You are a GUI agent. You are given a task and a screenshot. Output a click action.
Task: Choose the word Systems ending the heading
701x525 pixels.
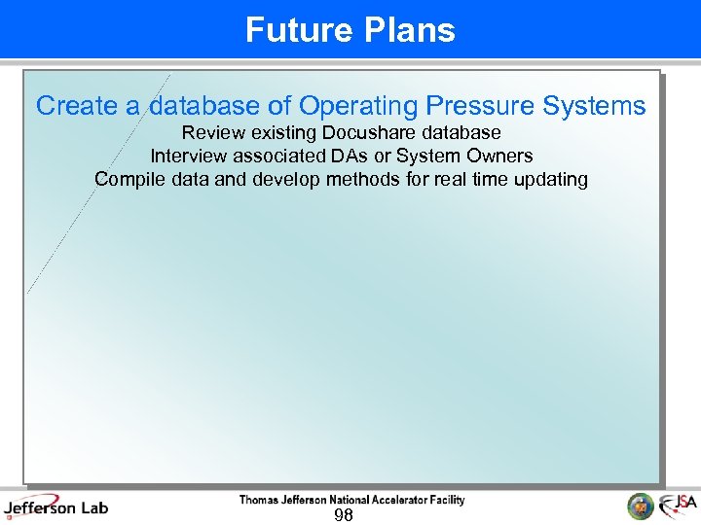596,106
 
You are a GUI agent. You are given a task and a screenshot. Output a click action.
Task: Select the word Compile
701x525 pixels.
128,179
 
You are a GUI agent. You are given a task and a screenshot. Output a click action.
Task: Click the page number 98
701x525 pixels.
343,515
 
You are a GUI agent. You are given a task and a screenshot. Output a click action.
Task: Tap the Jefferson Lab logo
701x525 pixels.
56,507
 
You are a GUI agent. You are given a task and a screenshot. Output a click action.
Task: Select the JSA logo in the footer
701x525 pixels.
678,506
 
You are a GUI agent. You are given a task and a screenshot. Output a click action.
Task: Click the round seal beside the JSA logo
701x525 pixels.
640,507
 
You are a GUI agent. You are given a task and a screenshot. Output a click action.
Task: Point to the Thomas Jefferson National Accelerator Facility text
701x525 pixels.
351,500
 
